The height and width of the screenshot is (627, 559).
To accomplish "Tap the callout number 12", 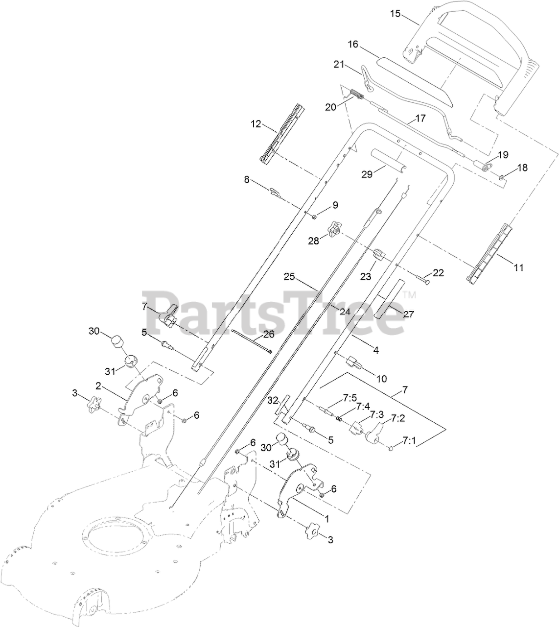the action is point(256,124).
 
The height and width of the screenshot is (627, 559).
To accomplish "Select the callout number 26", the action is point(269,335).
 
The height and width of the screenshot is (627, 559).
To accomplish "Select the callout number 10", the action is point(382,378).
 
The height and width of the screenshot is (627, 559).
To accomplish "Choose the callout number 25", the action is point(289,277).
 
